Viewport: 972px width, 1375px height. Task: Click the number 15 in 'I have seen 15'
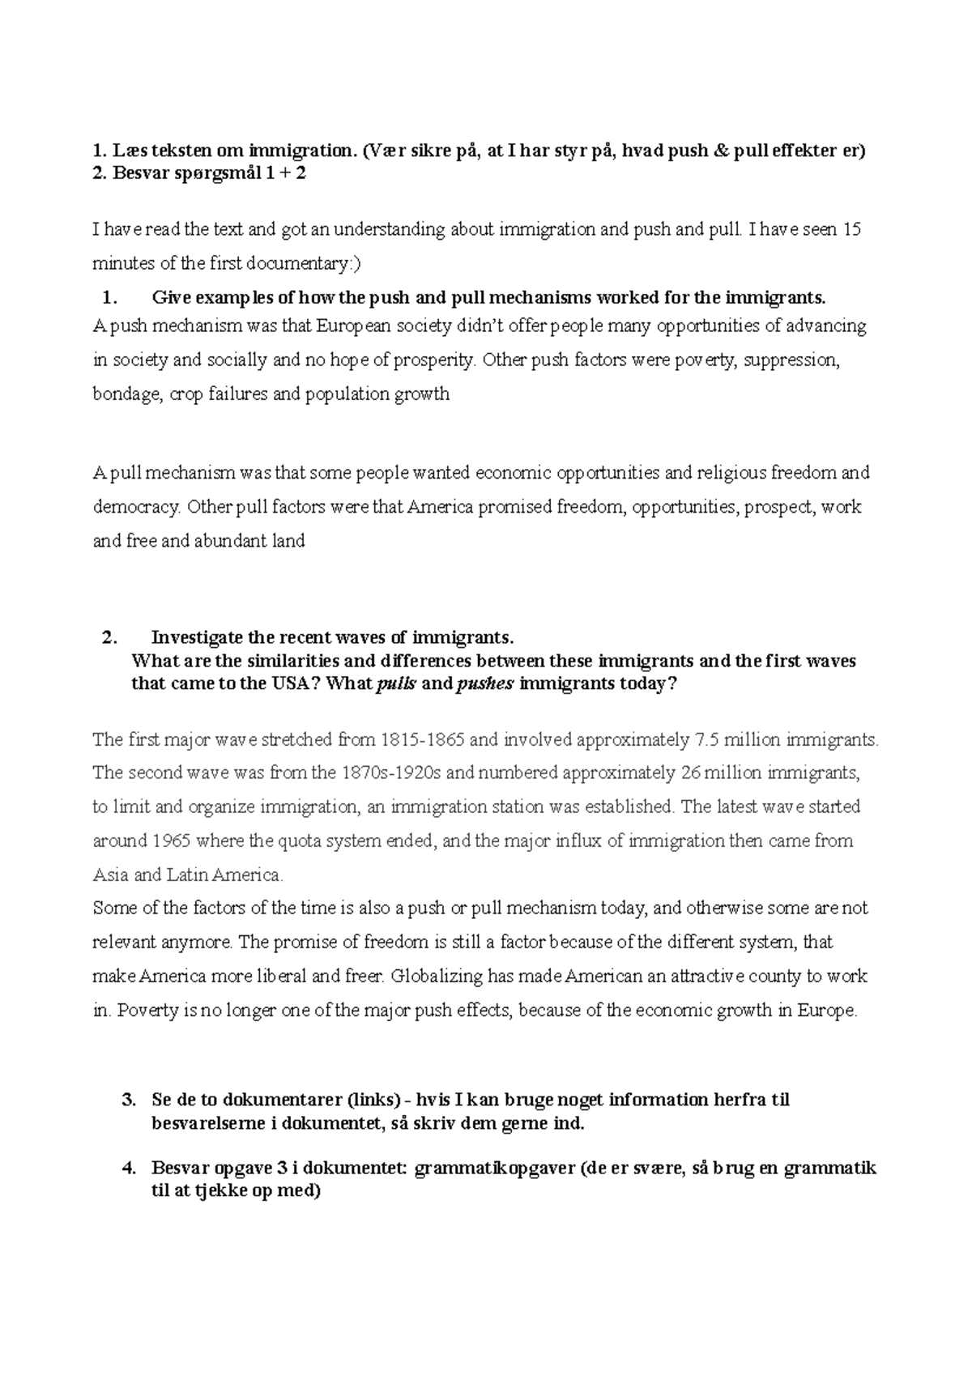[852, 230]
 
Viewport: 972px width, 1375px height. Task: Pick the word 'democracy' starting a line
[135, 507]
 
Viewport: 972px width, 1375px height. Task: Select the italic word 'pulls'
[397, 683]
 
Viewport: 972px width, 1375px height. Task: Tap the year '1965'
[170, 841]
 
